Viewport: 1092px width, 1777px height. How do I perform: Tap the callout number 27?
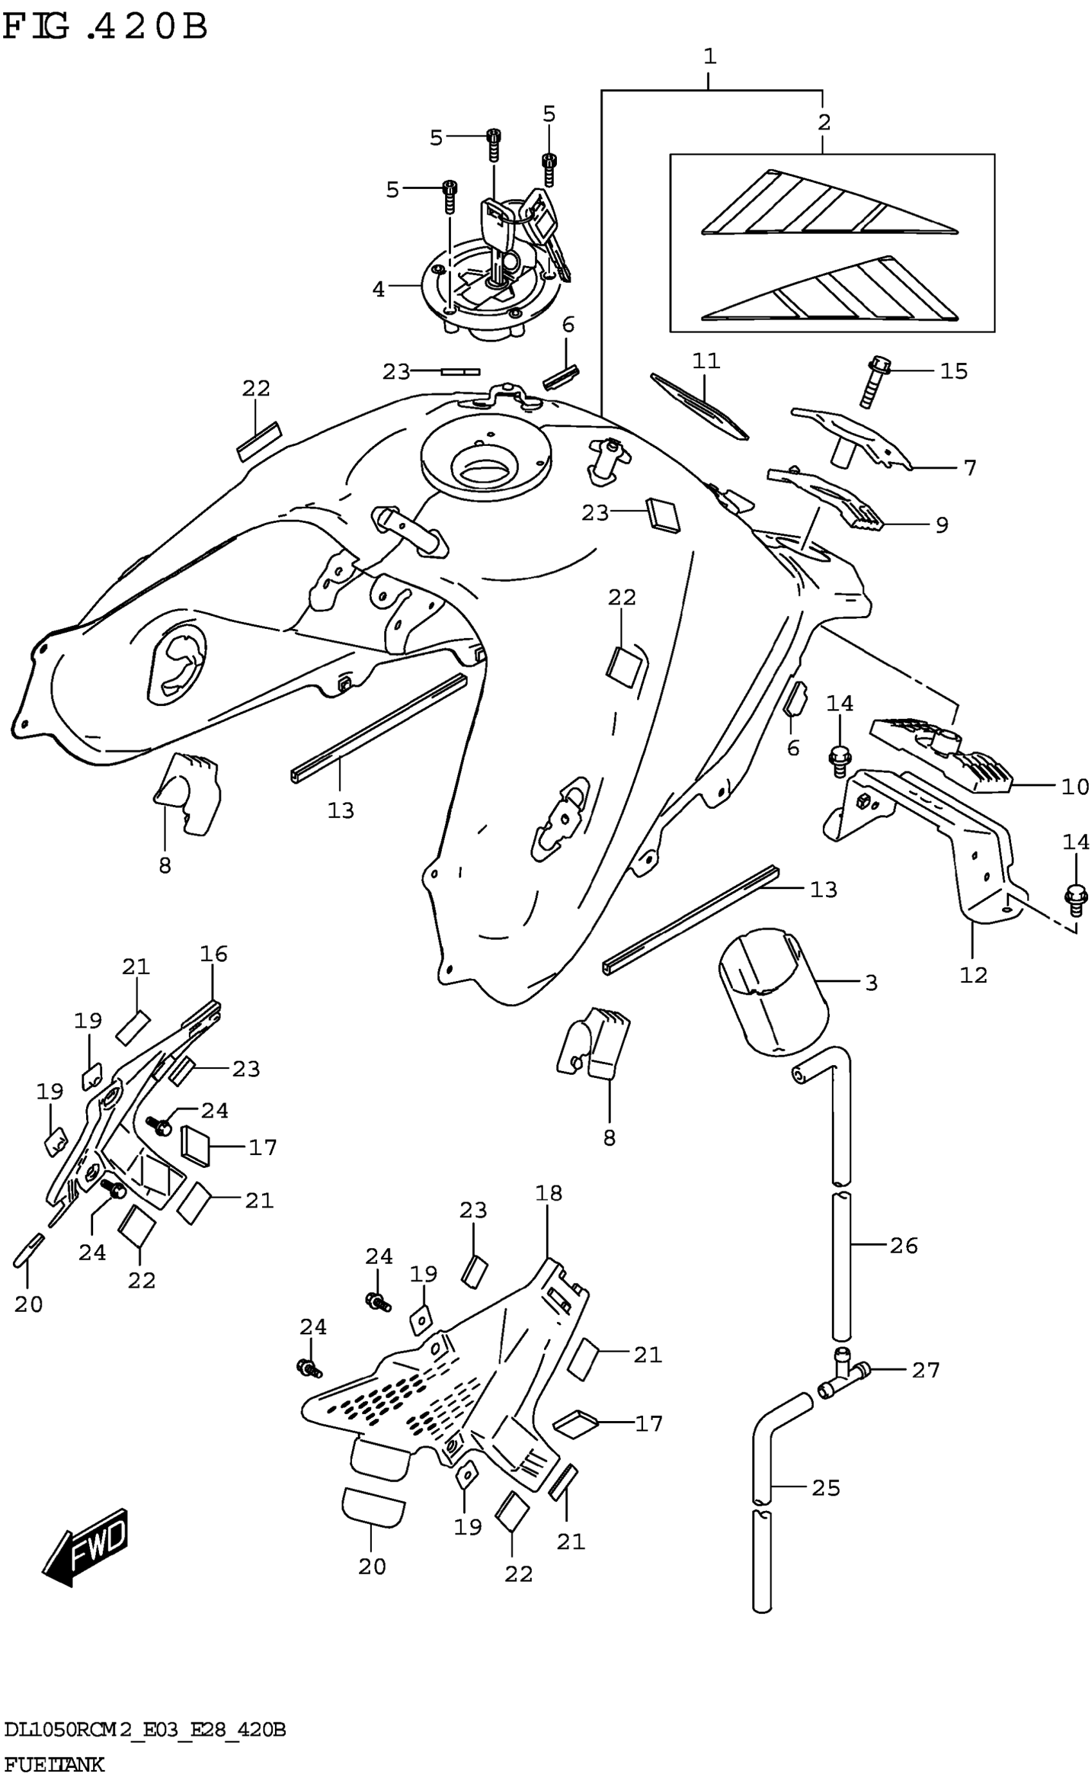[925, 1370]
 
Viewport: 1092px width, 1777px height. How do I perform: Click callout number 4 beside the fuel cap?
[378, 289]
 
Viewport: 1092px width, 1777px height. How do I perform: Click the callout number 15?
[953, 371]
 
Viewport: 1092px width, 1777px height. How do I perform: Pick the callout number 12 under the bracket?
[973, 975]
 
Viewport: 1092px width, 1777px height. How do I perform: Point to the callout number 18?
[548, 1192]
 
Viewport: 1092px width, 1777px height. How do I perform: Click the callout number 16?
[214, 953]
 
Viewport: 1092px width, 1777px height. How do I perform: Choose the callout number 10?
[1075, 786]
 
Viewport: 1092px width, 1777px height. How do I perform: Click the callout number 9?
[942, 524]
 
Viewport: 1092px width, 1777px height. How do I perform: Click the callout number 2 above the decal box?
[824, 121]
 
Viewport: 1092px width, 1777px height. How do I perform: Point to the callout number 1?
[710, 56]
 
